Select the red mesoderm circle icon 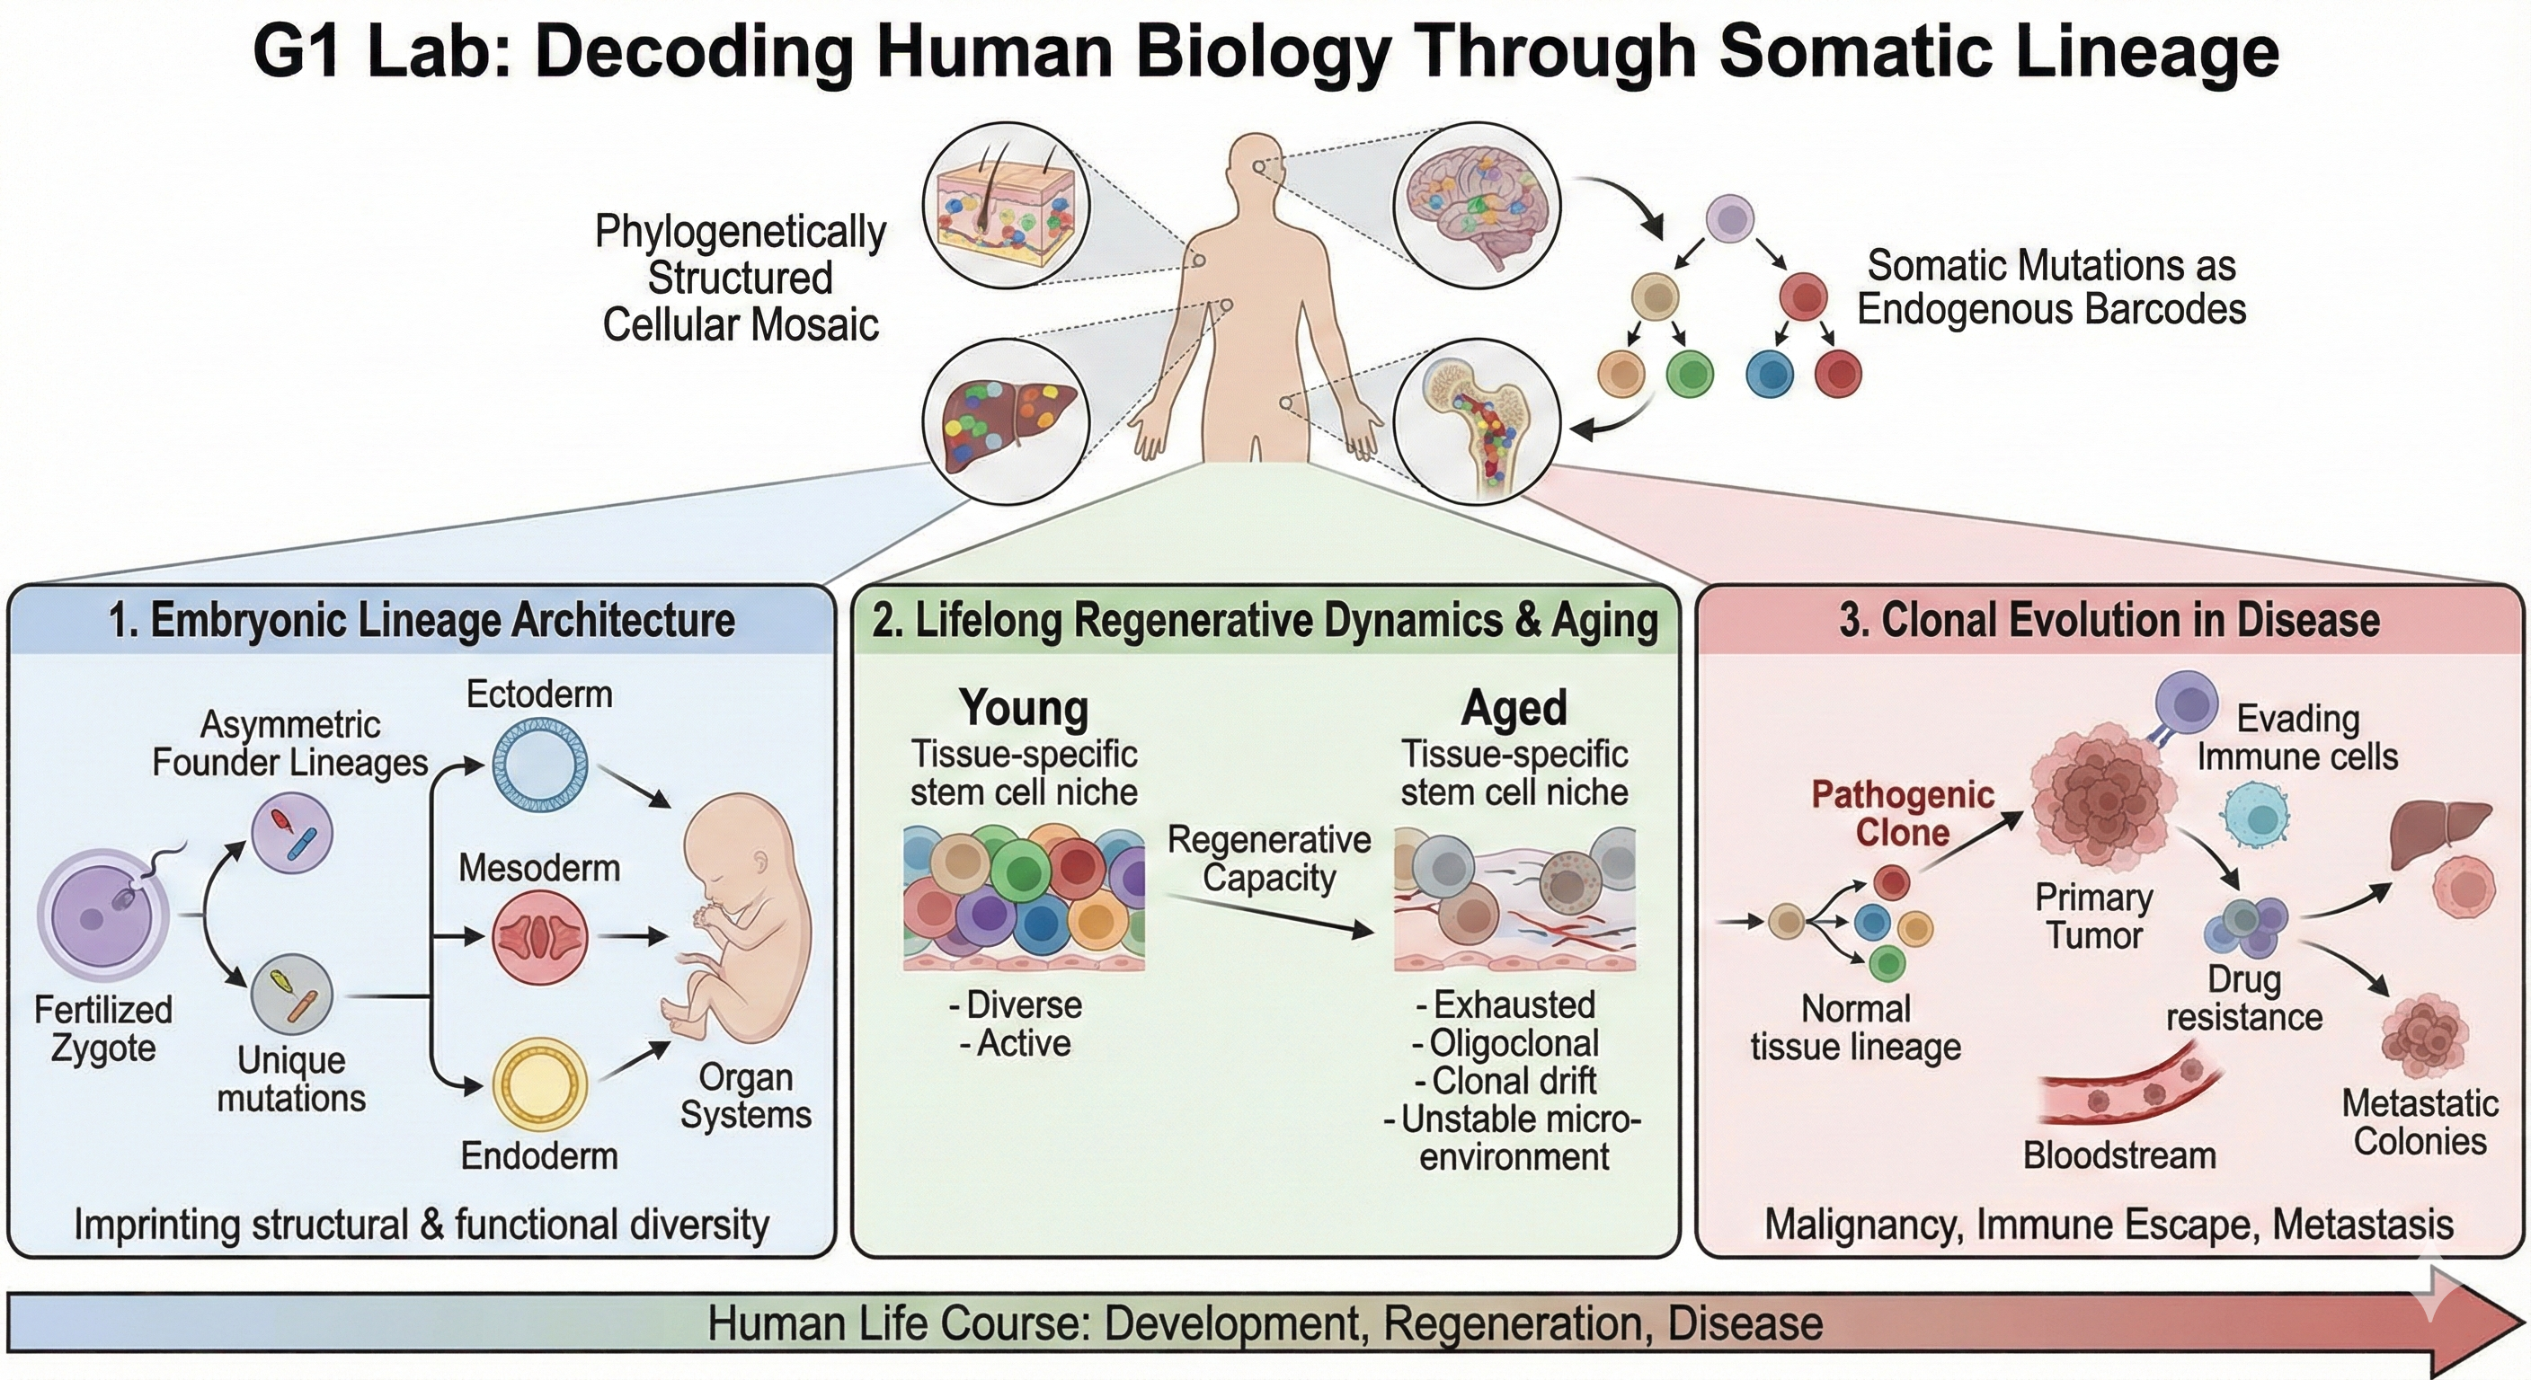tap(539, 937)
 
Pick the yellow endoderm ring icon tap(539, 1086)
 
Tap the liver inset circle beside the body tap(1006, 421)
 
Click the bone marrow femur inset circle tap(1477, 421)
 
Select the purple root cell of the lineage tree tap(1729, 219)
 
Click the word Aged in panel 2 tap(1514, 707)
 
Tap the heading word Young tap(1024, 707)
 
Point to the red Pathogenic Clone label tap(1902, 813)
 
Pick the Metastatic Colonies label tap(2420, 1121)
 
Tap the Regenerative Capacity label tap(1268, 858)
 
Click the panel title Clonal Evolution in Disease tap(2109, 620)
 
